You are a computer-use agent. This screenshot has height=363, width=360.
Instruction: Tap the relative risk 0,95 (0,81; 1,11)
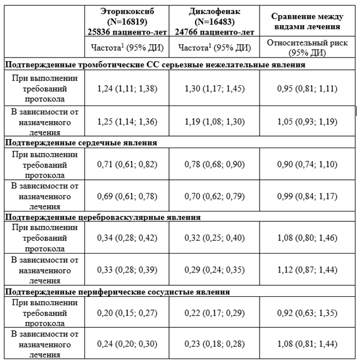point(305,89)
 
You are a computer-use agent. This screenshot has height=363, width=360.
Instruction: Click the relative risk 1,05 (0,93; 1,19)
point(305,122)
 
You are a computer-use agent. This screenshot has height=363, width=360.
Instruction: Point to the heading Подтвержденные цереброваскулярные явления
point(103,217)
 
